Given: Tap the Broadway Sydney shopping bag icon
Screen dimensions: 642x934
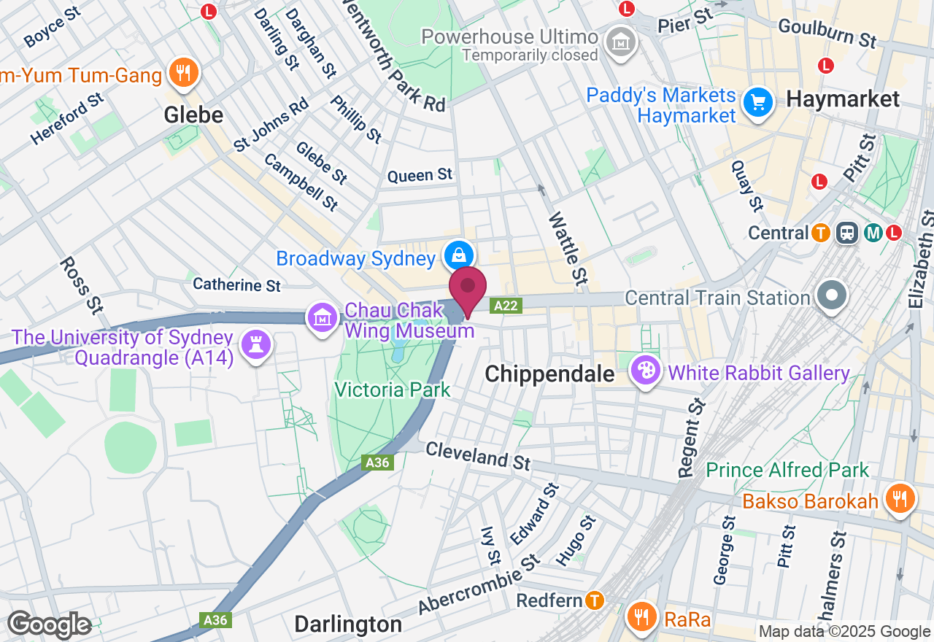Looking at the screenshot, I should point(459,255).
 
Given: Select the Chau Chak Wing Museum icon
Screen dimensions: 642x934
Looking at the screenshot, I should point(323,318).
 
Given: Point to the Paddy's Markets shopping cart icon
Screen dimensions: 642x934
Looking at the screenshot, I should point(758,103).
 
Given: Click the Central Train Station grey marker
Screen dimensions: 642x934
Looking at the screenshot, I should point(831,298).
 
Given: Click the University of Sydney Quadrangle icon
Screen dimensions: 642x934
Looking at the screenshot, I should point(255,346).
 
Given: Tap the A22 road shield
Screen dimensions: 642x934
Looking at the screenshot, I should point(506,306).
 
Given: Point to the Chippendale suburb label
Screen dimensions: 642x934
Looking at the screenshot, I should point(549,374).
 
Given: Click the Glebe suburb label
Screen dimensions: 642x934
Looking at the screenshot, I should point(193,115).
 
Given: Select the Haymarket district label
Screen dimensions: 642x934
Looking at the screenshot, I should point(843,99).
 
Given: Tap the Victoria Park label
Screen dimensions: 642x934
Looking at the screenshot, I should point(393,390).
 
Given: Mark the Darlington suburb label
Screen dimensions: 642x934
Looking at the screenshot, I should point(348,624).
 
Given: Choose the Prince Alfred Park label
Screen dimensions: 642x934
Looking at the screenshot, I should point(788,470).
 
